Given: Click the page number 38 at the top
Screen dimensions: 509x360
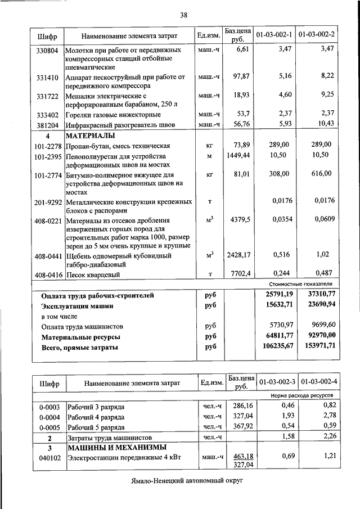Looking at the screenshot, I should point(183,15).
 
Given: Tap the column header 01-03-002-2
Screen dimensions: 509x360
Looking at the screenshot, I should point(317,35).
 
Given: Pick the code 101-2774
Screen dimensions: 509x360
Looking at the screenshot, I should point(47,175).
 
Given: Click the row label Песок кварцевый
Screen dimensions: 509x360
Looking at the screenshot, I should point(93,275).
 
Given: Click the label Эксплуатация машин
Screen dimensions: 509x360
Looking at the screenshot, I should point(77,305).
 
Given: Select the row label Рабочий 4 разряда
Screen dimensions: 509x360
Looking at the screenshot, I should point(96,416).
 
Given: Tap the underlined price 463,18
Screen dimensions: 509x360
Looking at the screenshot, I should point(243,456).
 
